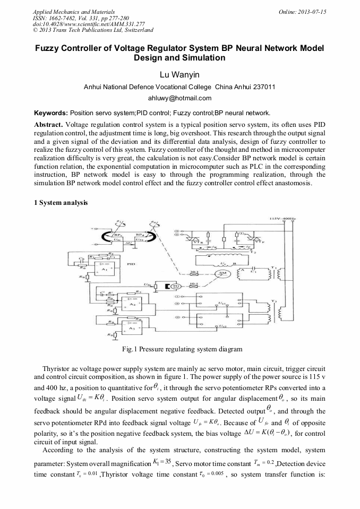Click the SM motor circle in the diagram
click(x=219, y=274)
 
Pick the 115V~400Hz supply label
click(x=282, y=218)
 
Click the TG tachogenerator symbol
click(x=173, y=287)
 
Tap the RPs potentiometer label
click(x=117, y=232)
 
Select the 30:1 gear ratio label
click(x=194, y=273)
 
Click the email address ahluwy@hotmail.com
click(x=179, y=98)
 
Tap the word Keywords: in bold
click(x=51, y=113)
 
